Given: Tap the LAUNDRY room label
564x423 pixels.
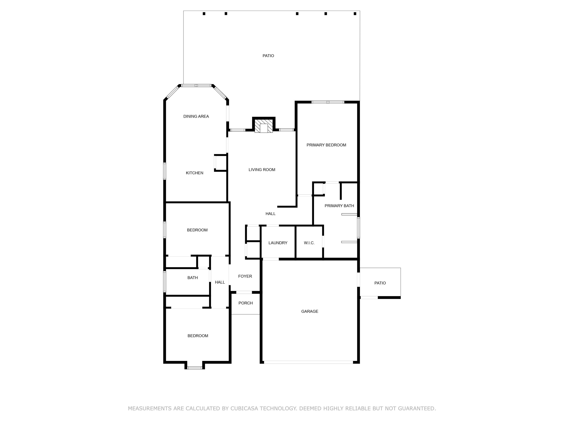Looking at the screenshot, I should (278, 243).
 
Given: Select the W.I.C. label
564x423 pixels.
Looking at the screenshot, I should (309, 243).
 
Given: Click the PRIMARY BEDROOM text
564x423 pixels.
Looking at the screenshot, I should (326, 145).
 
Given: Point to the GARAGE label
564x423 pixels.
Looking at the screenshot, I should (309, 311).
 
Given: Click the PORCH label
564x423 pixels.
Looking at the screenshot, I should (246, 303).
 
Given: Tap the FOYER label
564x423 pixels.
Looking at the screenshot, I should (245, 276).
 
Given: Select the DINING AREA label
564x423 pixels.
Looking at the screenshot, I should (196, 116).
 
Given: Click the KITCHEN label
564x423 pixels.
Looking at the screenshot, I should (194, 173).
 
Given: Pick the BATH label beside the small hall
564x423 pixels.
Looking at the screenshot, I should (193, 278).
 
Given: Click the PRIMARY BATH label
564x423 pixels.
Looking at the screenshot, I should (339, 205).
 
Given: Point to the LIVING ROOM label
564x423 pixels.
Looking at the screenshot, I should (262, 170).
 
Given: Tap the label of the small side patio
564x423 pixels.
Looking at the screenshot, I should (380, 283).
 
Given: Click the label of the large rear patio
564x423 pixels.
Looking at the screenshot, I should (268, 56).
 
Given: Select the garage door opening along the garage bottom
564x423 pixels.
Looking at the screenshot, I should (308, 362).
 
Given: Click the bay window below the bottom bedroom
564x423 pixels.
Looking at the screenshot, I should (195, 368).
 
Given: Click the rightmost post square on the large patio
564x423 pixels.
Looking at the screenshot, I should (355, 14).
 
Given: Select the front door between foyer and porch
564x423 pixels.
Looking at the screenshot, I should (244, 292).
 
